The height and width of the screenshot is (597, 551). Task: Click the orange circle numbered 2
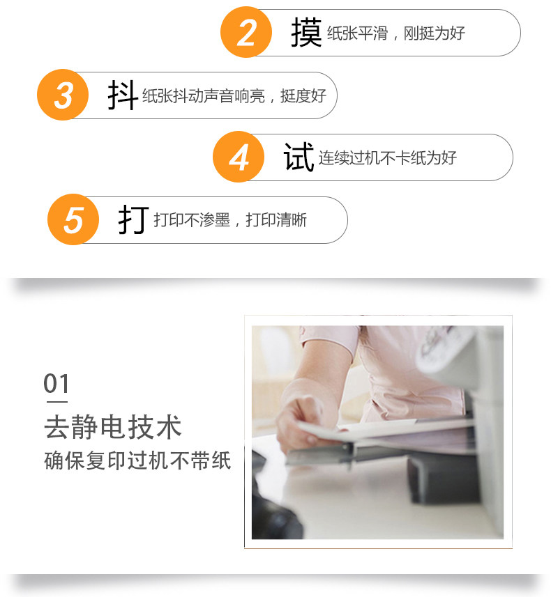coord(246,32)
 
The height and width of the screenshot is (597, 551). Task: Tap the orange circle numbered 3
coord(63,95)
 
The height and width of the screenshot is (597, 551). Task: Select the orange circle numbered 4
coord(239,157)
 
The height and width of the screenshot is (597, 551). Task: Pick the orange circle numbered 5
coord(73,219)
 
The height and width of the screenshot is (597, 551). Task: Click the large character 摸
coord(306,33)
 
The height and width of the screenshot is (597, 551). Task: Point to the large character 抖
coord(123,95)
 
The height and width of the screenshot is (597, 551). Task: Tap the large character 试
coord(299,157)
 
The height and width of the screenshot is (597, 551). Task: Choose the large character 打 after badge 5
coord(133,219)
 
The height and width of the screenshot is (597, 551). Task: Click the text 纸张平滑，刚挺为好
coord(395,33)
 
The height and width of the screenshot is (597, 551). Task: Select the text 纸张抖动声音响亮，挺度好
coord(234,95)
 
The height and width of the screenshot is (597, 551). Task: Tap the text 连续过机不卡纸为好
coord(387,157)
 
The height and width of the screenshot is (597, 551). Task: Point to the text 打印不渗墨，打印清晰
coord(230,220)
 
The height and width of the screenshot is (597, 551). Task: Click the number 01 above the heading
coord(56,383)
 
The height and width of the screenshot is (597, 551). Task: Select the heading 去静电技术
coord(113,427)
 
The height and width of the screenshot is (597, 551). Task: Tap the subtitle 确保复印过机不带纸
coord(137,460)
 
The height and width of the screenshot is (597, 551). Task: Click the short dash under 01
coord(56,402)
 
